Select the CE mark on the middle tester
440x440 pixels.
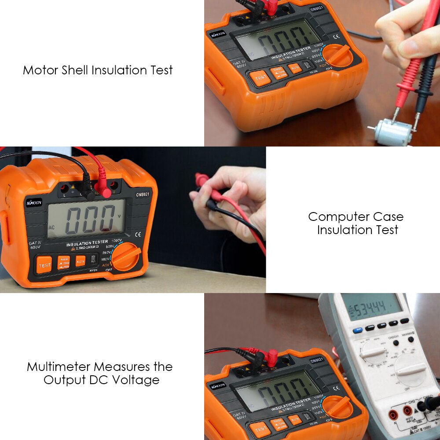click(138, 234)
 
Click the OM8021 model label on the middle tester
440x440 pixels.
click(143, 194)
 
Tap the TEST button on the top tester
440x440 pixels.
click(260, 78)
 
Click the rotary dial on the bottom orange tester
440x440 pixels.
click(338, 407)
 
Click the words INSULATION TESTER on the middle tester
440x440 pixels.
click(87, 243)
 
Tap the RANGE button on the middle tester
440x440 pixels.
click(64, 263)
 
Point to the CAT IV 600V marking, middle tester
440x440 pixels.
click(35, 245)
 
